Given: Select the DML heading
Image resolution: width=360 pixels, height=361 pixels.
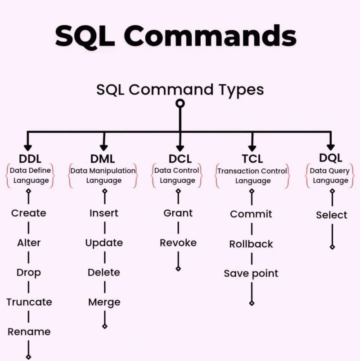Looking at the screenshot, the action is tap(103, 158).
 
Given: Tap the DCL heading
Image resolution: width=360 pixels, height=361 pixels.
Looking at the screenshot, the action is tap(180, 158).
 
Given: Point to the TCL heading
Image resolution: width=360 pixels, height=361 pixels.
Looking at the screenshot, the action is tap(252, 158).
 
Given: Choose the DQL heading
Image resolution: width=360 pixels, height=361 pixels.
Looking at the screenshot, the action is tap(330, 158).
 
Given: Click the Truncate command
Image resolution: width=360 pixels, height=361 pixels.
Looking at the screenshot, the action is tap(29, 302).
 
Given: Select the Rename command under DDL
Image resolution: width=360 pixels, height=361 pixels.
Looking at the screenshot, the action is tap(29, 332).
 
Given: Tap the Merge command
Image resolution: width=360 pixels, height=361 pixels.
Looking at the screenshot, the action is tap(104, 302).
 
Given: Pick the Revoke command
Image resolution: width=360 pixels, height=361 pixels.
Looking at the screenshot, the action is tap(178, 243).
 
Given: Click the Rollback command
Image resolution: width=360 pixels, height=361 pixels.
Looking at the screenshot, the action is tap(251, 244).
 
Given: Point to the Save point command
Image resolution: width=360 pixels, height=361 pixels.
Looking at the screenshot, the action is tap(251, 273).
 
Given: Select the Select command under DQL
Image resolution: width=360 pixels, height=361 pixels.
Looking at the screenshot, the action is tap(332, 215).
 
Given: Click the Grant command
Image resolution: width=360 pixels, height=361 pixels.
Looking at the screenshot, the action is tap(178, 213).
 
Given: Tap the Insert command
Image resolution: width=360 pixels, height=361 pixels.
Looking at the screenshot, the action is tap(104, 213).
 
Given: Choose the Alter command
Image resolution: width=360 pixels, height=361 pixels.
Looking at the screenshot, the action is tap(29, 243).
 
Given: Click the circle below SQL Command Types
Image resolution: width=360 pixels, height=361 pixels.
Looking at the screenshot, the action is tap(180, 104).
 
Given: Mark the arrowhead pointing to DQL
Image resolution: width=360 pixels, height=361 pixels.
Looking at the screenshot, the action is tap(330, 146).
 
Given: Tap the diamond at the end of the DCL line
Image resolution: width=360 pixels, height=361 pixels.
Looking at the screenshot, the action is tap(178, 269).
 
